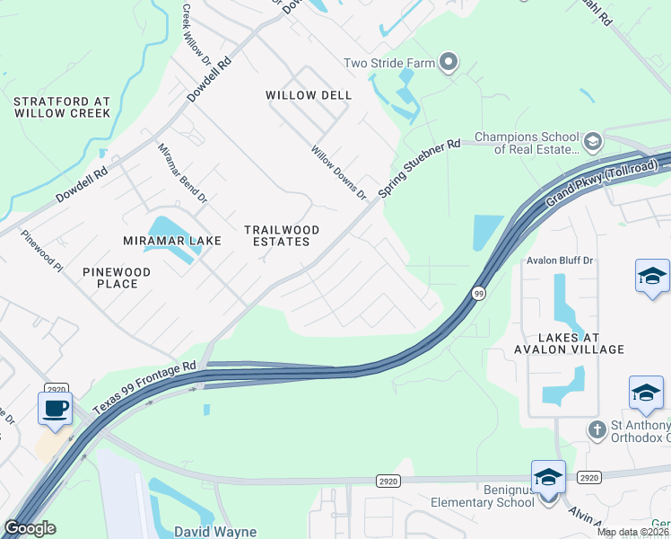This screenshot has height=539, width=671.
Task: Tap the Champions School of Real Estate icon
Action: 592,142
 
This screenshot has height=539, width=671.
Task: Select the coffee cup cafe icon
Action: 55,407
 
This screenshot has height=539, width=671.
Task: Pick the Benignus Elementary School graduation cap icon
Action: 548,477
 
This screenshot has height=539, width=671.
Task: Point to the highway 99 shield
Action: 477,293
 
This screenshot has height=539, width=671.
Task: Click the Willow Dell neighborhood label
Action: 309,95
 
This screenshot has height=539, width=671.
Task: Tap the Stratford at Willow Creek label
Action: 63,108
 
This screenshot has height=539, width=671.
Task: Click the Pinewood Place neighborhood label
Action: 117,278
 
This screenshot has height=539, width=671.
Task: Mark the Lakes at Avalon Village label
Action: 568,342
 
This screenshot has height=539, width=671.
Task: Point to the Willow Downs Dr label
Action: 339,172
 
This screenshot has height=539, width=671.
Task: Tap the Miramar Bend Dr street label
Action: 182,172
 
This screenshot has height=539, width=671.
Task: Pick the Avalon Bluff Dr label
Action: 560,261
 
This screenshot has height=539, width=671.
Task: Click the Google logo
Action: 30,528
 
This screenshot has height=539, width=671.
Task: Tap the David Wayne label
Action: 215,532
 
